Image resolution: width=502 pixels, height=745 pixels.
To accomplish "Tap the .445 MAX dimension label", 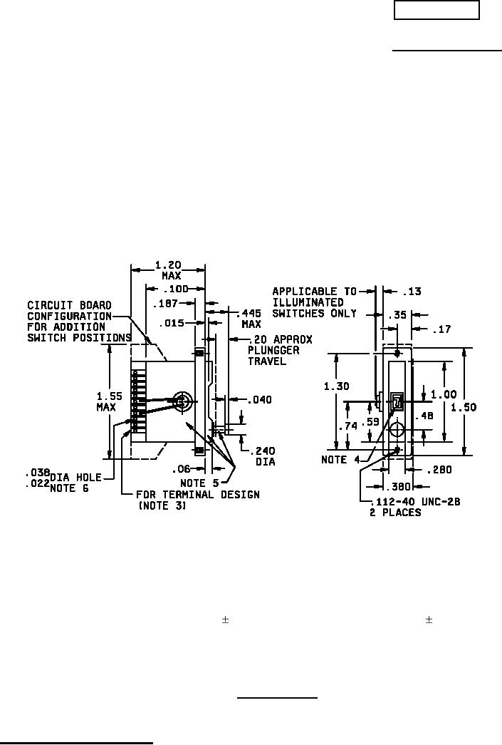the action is [x=249, y=319].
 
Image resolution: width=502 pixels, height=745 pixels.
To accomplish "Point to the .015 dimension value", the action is [x=172, y=324].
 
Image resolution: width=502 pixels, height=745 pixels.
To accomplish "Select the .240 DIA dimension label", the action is [x=262, y=456].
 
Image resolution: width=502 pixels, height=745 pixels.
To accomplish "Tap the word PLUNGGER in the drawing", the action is [x=273, y=350].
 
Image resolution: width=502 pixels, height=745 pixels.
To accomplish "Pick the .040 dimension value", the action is [x=259, y=399].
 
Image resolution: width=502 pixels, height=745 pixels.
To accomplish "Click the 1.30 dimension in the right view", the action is [x=336, y=386].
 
